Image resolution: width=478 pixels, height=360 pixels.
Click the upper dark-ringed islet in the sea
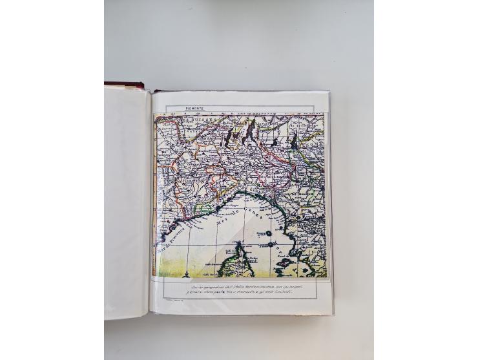(267, 233)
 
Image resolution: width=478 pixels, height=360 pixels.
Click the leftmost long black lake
(231, 135)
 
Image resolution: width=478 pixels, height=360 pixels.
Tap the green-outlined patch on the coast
(205, 208)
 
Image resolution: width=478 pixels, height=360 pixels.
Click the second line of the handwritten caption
(238, 293)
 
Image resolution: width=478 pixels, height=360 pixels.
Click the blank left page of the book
(127, 200)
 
